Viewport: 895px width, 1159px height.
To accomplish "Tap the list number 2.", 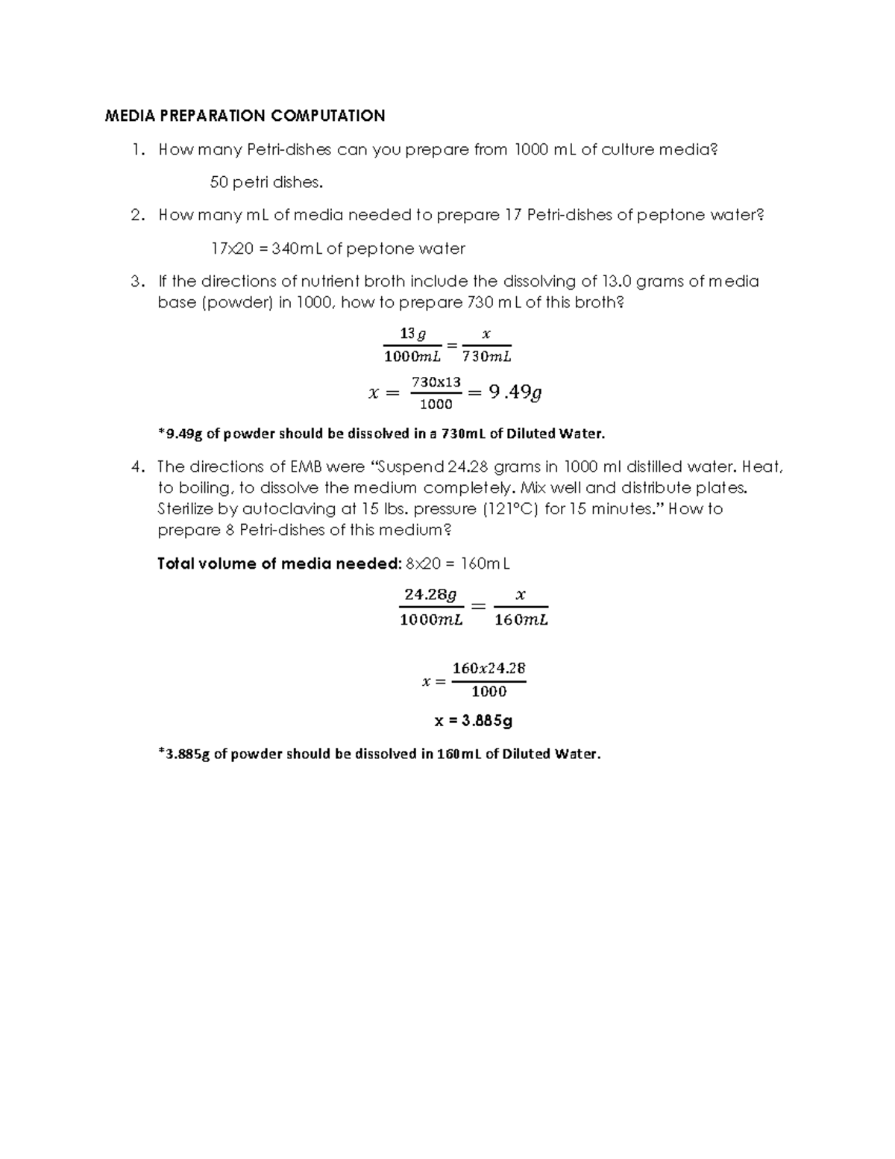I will tap(136, 216).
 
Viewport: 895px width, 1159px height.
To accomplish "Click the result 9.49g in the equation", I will tap(515, 392).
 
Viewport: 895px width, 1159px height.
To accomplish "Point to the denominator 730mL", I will tap(486, 357).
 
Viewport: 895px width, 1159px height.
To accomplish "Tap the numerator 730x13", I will tap(436, 381).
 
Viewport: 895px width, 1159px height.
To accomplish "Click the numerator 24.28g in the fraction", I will tap(430, 595).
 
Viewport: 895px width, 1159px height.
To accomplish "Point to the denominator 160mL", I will tap(521, 620).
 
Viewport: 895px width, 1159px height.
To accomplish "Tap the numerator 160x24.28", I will tap(489, 668).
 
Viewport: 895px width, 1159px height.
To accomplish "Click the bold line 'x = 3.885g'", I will tap(473, 721).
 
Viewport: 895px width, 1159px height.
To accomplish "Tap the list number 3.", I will tap(136, 281).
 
